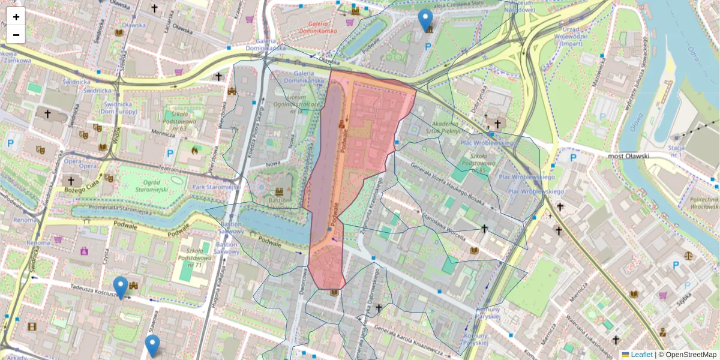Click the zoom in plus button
pyautogui.click(x=16, y=17)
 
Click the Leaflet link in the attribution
pyautogui.click(x=641, y=355)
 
